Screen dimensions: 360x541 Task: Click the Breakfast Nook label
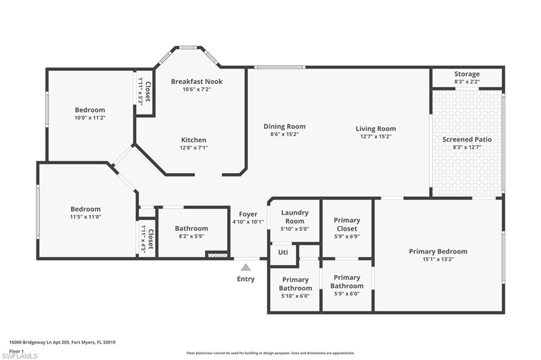197,81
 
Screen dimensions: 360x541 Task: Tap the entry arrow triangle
246,268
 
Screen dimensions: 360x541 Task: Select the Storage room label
467,74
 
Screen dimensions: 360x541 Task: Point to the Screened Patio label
467,139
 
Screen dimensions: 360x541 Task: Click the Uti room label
283,252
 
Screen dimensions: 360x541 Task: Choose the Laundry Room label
295,216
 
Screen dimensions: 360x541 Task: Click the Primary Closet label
347,224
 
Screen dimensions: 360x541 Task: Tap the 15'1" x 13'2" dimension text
438,260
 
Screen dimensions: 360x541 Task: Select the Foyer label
248,214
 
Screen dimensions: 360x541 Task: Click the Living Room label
376,128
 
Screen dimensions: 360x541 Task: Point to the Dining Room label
285,126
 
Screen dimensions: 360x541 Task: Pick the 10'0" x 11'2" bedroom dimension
90,118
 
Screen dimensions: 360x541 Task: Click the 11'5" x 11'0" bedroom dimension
86,217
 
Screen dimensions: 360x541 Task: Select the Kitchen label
194,140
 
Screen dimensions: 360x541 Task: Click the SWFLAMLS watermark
20,356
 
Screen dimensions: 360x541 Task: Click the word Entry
246,279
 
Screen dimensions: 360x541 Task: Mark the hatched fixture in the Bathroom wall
217,255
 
